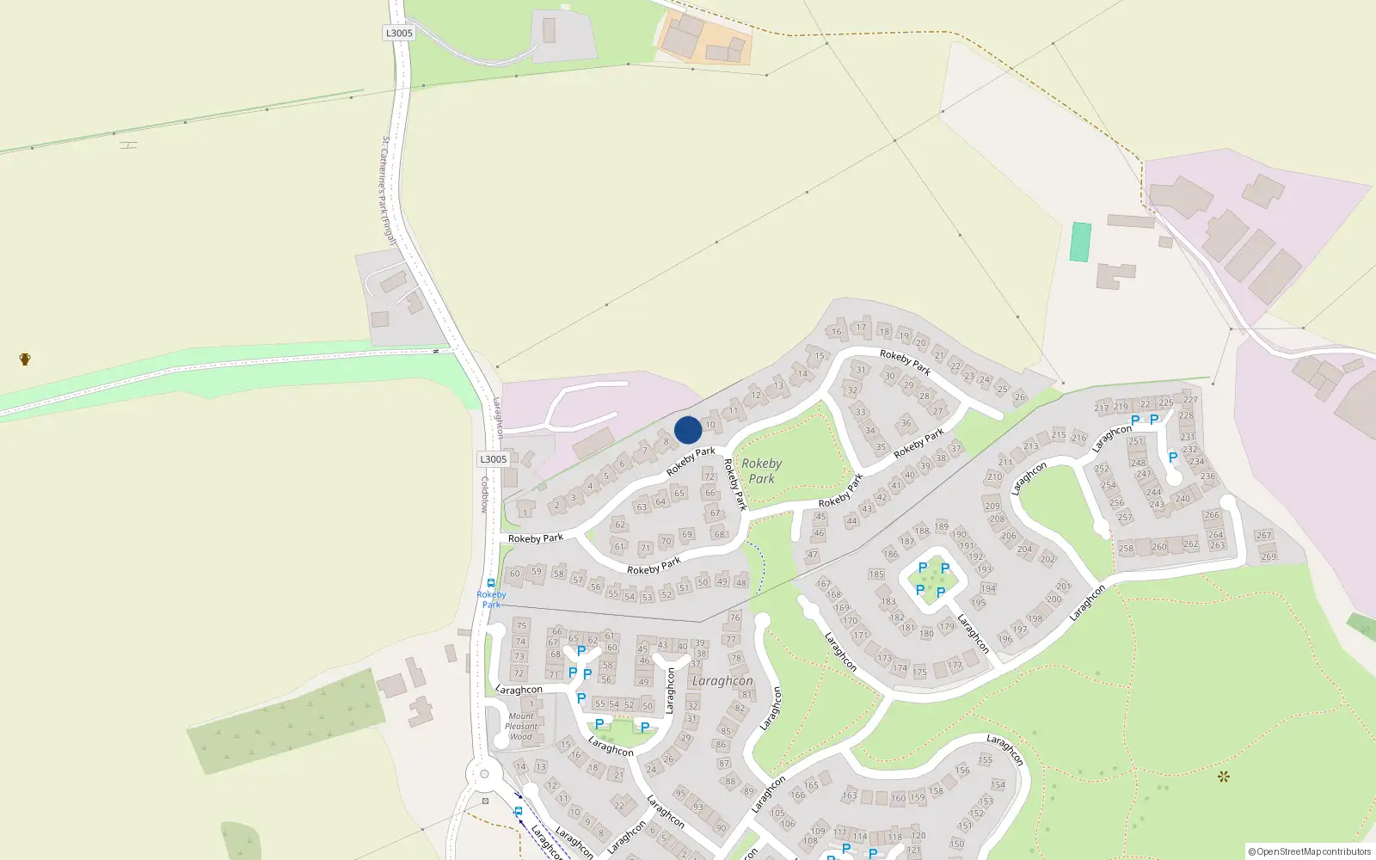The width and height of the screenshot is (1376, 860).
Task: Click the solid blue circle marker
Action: pos(688,430)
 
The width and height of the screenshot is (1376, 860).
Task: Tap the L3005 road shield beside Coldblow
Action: pos(494,459)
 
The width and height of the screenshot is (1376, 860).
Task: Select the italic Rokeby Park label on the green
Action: pos(761,470)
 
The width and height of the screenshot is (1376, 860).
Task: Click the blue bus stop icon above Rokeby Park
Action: pos(491,583)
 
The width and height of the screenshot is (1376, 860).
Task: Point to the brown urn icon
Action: pos(25,359)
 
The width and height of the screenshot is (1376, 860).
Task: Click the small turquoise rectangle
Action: pos(1080,242)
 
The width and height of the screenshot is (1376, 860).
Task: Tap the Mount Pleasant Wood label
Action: pos(521,726)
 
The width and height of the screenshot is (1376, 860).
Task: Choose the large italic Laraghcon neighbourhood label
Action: pos(722,680)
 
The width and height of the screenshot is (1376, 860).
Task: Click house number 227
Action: pos(1190,399)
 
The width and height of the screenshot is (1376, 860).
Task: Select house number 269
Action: pos(1268,556)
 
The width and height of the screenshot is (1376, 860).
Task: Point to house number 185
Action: pos(876,574)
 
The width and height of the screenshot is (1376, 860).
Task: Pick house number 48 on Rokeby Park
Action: pos(740,582)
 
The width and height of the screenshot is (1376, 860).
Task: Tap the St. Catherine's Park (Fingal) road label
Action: pos(388,190)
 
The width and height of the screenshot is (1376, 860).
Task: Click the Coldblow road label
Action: pos(484,494)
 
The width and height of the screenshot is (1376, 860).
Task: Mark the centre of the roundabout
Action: pos(484,774)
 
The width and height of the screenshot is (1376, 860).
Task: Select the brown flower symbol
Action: pos(1223,777)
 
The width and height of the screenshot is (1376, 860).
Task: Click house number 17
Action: pos(861,327)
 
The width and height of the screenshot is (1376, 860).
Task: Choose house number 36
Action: pos(906,422)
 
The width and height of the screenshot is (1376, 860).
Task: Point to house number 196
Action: pos(1004,639)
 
